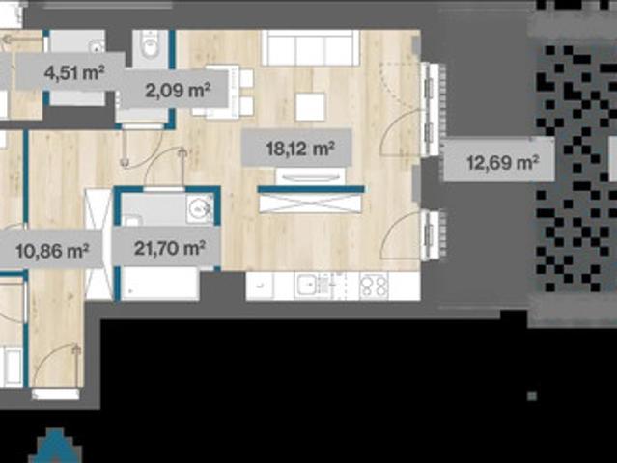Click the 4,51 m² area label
coord(74,73)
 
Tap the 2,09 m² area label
coord(178,90)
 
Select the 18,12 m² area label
coord(300,149)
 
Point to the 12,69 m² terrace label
coord(502,162)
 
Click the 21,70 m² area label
coord(169,248)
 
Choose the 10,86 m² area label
coord(52,251)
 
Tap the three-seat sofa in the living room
coord(311,47)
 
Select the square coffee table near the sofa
coord(310,106)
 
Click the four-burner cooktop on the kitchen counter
coord(374,286)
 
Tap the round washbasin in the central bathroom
coord(200,208)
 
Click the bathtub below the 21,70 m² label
coord(159,284)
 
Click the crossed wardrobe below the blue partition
coord(310,204)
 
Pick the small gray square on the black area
coord(532,395)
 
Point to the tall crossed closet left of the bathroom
coord(98,244)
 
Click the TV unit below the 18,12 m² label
coord(311,177)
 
